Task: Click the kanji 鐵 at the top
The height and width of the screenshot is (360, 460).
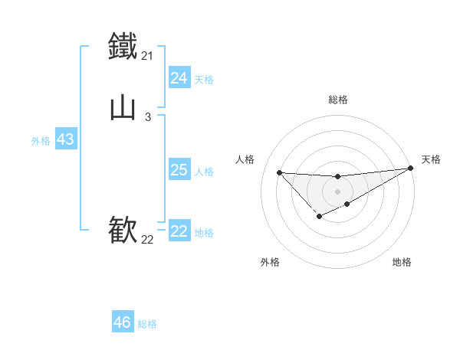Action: coord(123,45)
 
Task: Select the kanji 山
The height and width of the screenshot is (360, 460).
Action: coord(123,107)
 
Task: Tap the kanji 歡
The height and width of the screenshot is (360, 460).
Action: coord(123,229)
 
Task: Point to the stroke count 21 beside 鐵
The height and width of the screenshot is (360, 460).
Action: coord(147,56)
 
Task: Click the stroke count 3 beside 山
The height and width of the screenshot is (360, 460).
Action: coord(147,117)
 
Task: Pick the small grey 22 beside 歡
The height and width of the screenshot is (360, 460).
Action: coord(147,240)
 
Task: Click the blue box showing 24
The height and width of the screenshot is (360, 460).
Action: coord(179,78)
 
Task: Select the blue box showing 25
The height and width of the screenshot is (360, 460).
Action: coord(179,170)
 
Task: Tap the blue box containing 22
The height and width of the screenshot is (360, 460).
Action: coord(179,232)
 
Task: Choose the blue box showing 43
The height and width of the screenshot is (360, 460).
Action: coord(65,140)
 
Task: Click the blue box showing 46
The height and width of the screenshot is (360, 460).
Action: coord(123,322)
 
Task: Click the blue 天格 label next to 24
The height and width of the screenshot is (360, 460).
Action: coord(204,80)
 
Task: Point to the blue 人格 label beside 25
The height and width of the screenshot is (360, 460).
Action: coord(204,172)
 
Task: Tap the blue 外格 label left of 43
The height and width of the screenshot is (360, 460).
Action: coord(41,141)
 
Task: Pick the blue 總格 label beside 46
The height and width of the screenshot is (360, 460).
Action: coord(147,324)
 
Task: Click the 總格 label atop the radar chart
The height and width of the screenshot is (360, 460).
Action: coord(337,100)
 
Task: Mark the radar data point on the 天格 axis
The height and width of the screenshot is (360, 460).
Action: coord(411,169)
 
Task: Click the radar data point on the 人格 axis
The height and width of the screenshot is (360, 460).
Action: coord(279,172)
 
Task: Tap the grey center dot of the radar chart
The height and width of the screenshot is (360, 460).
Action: coord(337,191)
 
